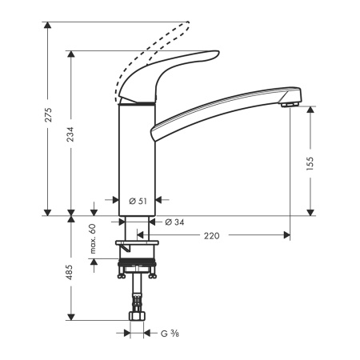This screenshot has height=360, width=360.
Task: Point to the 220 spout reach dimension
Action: pos(212,235)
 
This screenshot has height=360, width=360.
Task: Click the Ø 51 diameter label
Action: pos(137,201)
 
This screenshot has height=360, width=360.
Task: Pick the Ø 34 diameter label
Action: pos(175,222)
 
